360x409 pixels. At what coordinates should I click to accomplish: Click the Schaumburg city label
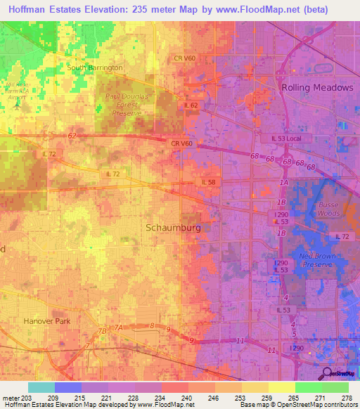(x=173, y=228)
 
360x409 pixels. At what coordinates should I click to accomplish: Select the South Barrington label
(x=95, y=67)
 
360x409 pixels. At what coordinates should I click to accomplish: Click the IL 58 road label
(x=209, y=182)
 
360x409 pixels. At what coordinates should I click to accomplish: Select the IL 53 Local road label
(x=290, y=139)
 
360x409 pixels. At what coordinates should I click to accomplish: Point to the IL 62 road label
(x=190, y=105)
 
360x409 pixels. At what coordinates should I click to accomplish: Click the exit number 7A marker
(x=119, y=327)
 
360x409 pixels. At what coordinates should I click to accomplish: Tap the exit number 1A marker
(x=284, y=183)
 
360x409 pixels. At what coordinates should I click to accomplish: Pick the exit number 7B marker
(x=103, y=330)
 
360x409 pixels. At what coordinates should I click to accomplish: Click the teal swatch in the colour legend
(x=41, y=387)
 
